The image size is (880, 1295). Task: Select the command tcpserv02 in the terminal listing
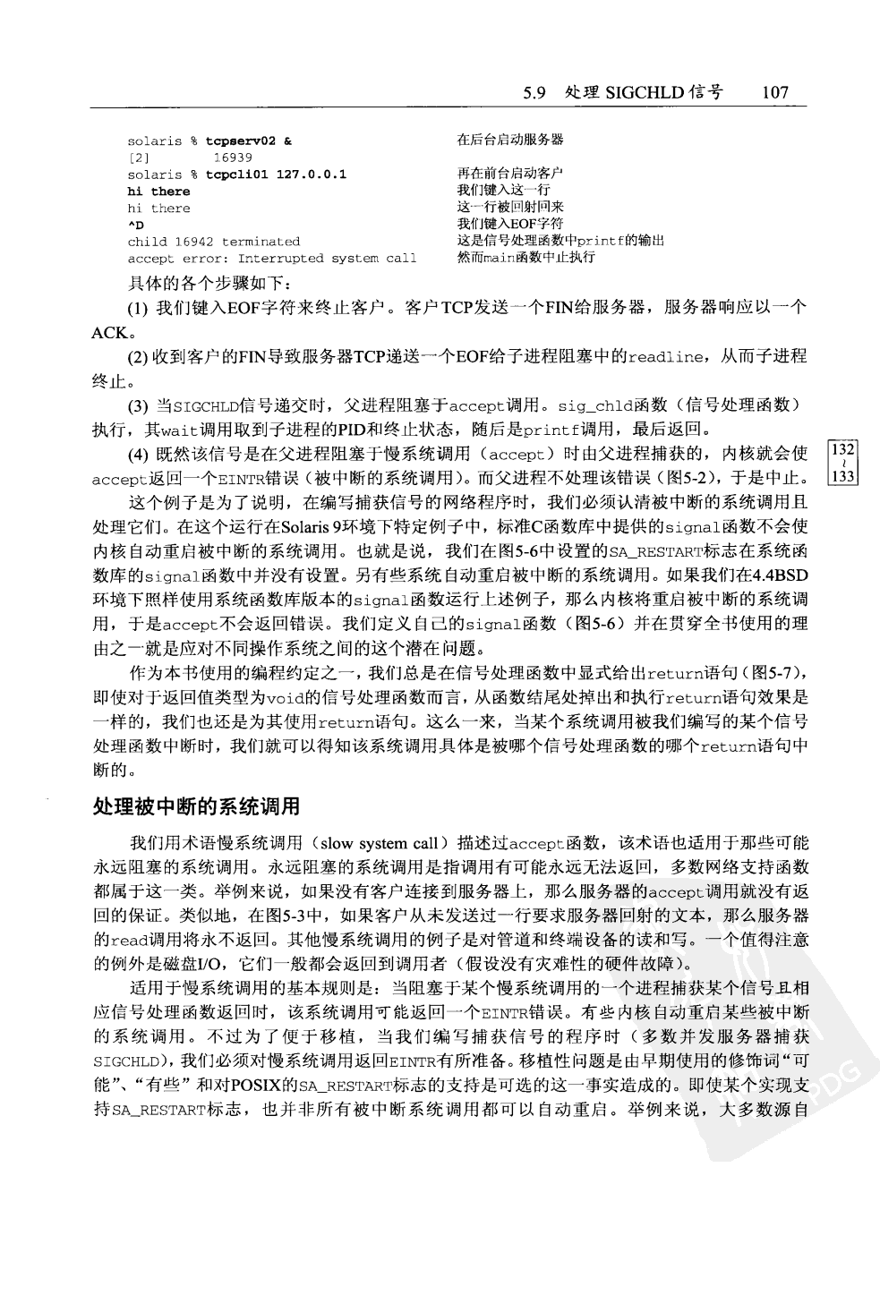point(243,141)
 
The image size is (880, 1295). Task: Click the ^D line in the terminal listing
point(135,225)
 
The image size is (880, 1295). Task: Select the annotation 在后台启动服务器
point(510,140)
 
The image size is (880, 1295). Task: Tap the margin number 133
point(844,477)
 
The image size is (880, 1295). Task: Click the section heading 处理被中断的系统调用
point(196,806)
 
